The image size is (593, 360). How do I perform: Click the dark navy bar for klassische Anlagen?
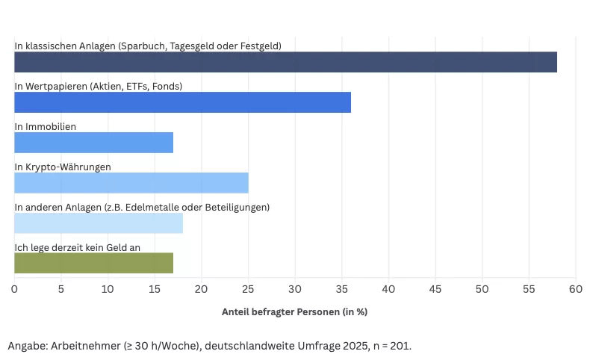(x=285, y=62)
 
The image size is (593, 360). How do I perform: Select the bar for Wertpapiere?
(x=182, y=102)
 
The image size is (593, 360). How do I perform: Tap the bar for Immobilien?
(x=93, y=143)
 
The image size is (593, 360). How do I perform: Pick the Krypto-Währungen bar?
(x=131, y=183)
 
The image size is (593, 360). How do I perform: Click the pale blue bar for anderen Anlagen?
(x=98, y=223)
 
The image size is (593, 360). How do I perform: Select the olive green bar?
(x=93, y=263)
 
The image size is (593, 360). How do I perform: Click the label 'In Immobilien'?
(x=46, y=126)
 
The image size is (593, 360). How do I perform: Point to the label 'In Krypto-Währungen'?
(x=63, y=167)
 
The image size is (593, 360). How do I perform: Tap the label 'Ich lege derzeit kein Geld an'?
(x=78, y=247)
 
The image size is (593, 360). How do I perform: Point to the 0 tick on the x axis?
(x=14, y=288)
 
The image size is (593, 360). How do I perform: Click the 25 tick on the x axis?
(x=248, y=288)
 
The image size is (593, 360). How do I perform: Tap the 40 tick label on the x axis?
(x=388, y=288)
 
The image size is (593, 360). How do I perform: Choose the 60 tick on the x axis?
(x=575, y=288)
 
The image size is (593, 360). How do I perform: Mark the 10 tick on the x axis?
(x=108, y=288)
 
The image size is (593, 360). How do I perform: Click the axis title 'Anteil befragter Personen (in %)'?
(x=294, y=311)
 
